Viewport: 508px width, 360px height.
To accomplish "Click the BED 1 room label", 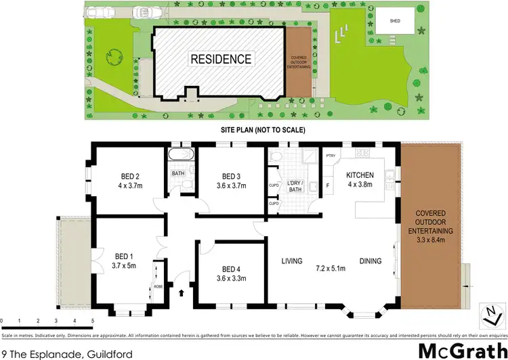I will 122,256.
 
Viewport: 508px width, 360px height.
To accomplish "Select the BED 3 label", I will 232,177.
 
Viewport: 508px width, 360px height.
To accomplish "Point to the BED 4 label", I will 231,269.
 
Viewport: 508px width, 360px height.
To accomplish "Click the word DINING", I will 371,261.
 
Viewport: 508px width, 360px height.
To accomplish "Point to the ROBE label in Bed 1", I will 157,286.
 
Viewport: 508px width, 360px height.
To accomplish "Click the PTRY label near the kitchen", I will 331,156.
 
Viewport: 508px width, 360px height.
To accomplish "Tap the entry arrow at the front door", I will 181,293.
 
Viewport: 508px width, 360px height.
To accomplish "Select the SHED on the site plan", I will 394,20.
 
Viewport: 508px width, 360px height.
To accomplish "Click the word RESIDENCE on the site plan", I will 221,59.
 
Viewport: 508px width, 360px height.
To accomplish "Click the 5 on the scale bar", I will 93,320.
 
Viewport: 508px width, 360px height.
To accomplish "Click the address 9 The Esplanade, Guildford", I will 57,353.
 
